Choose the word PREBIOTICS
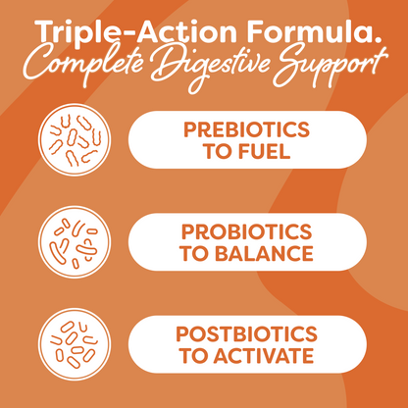point(247,129)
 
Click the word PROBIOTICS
point(247,231)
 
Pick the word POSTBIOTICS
point(247,332)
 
